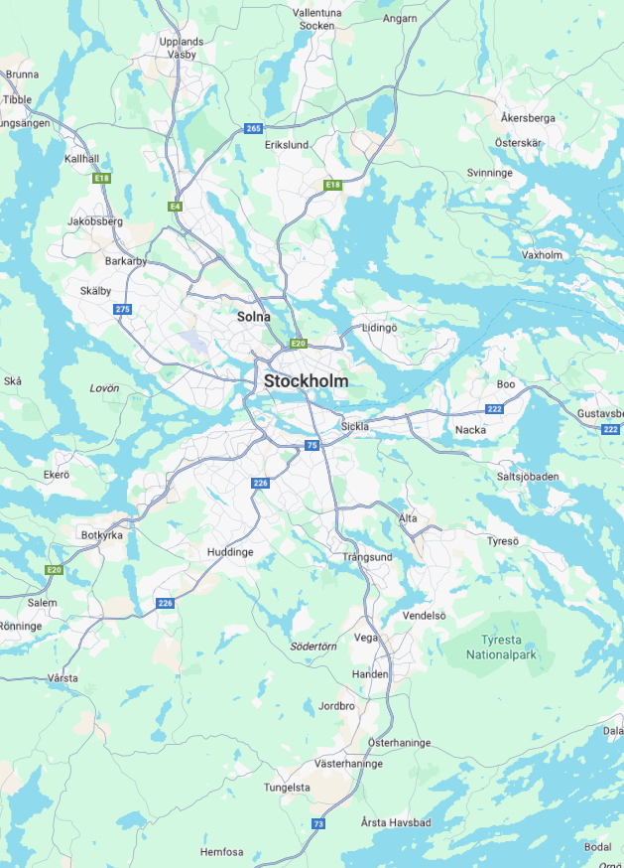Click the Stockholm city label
coord(306,381)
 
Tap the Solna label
coord(254,317)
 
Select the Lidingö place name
coord(380,327)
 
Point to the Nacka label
coord(470,430)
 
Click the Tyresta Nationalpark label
coord(507,648)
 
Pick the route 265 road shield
coord(254,128)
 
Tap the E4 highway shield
coord(176,206)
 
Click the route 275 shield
coord(122,310)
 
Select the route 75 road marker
coord(312,446)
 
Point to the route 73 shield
coord(318,823)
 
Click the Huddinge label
coord(230,552)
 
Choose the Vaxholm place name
coord(542,255)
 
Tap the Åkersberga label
coord(528,118)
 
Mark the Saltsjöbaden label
coord(528,477)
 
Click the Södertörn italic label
coord(314,647)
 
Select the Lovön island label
coord(104,388)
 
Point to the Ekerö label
coord(57,475)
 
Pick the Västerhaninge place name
coord(348,764)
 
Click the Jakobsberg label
coord(95,220)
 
